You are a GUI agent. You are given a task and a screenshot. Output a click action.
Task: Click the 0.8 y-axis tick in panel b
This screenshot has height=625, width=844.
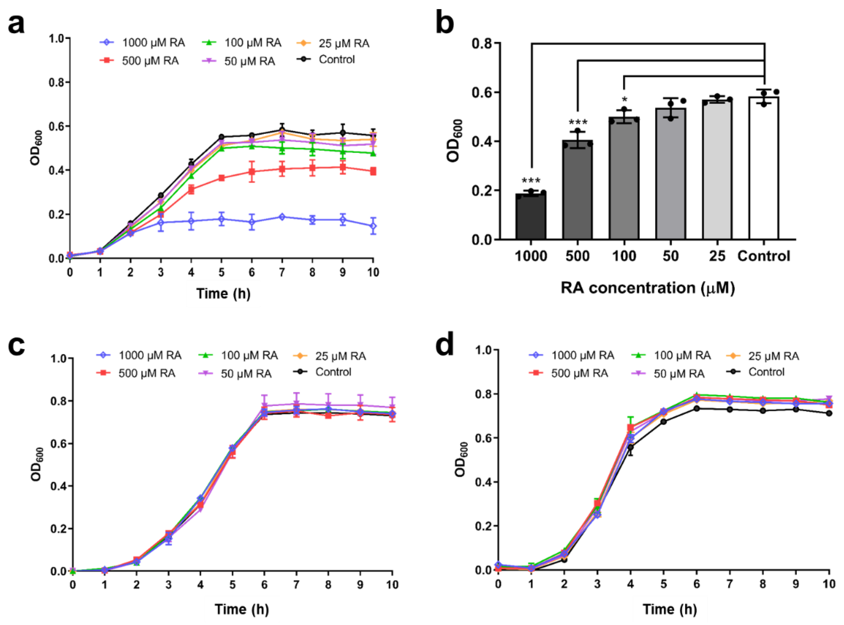(481, 43)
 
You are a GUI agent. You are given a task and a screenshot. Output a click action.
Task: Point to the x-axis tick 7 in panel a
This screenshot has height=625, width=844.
(282, 272)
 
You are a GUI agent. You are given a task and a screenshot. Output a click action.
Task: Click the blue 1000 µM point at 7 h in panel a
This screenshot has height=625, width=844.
(282, 217)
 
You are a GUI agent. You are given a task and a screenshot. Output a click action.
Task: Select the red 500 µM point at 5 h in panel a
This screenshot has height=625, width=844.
(221, 178)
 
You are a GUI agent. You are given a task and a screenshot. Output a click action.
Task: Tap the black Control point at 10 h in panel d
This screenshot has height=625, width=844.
(829, 413)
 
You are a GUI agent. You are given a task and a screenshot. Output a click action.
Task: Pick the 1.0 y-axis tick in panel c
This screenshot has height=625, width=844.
(58, 359)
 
